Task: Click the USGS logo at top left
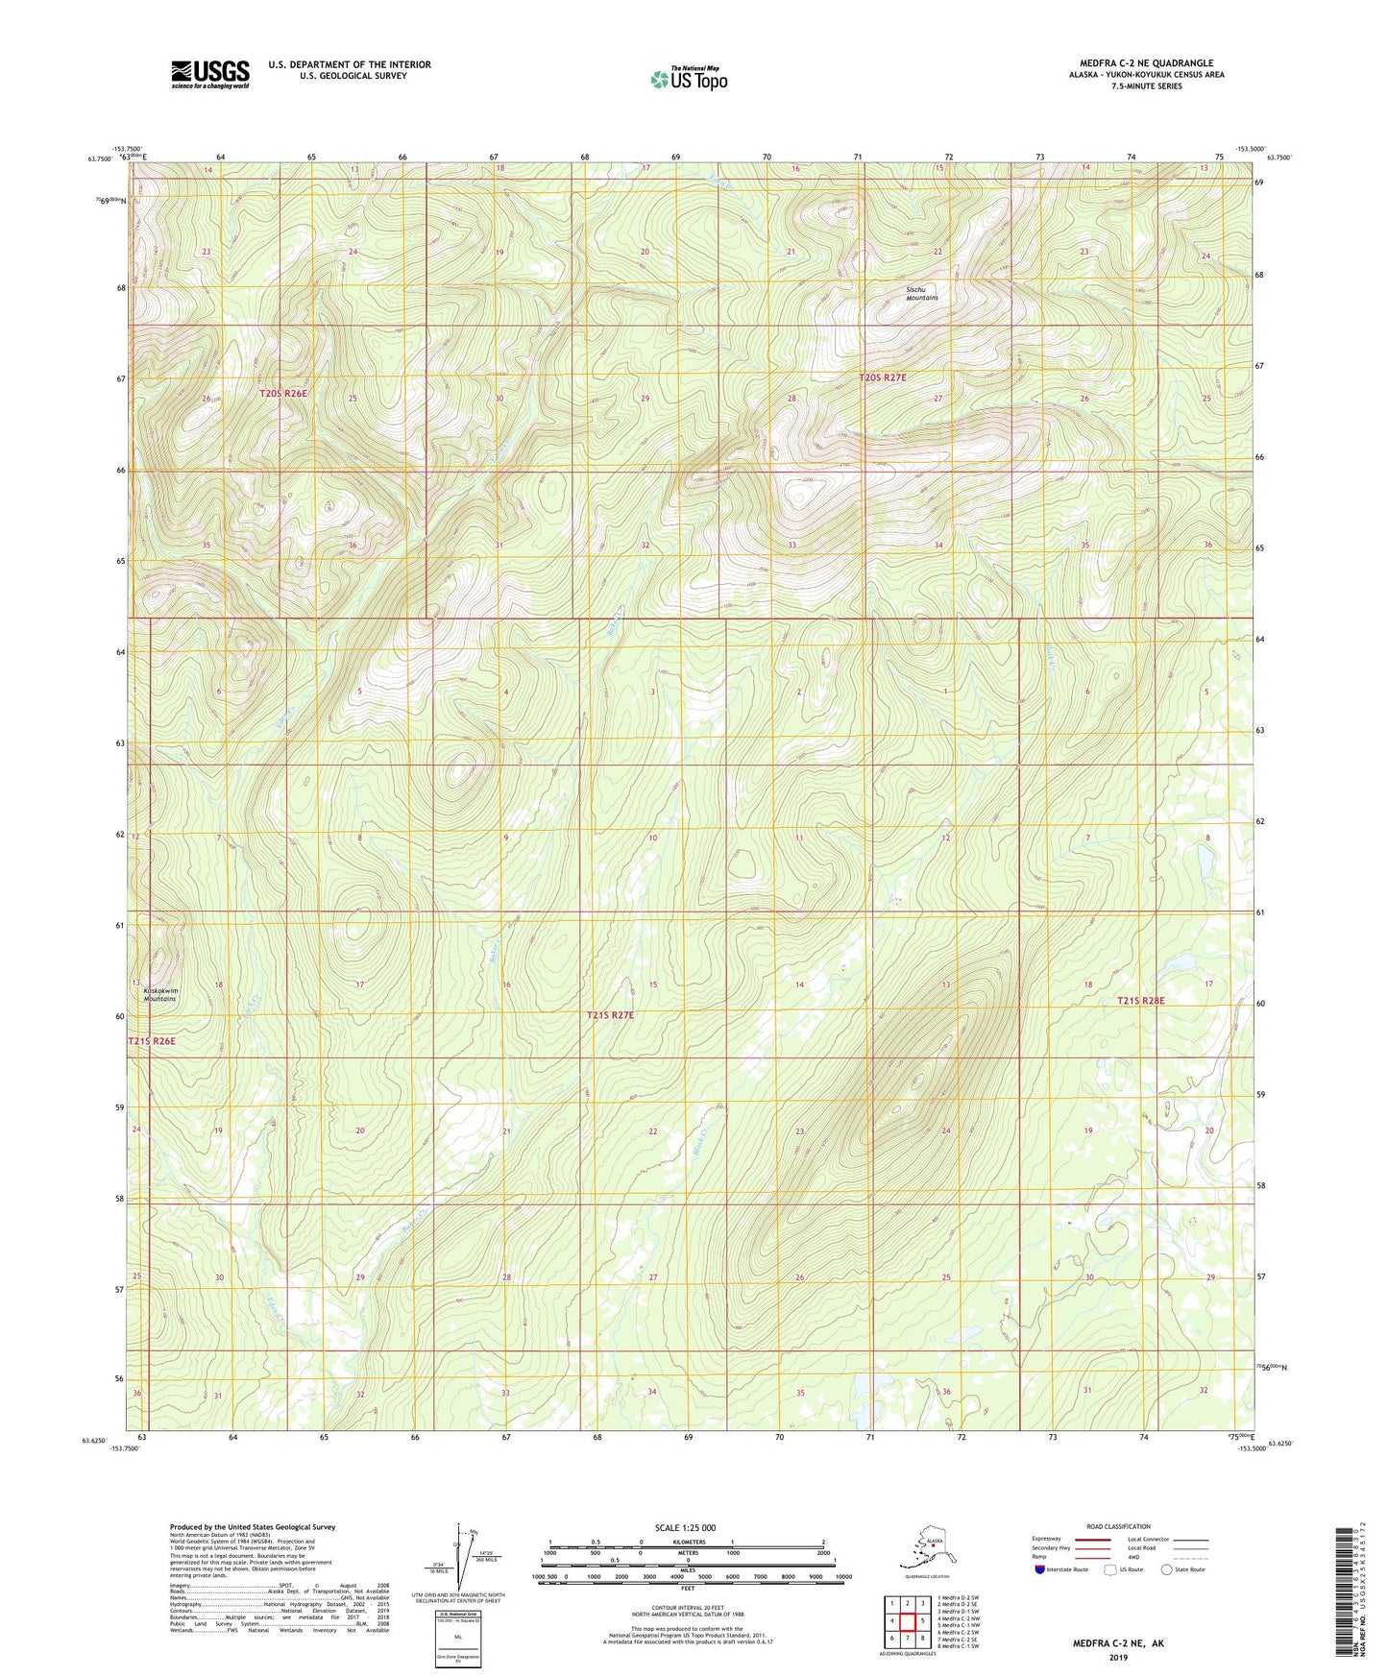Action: (x=209, y=74)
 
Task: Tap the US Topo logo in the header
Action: (x=688, y=78)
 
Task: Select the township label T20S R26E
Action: (x=283, y=394)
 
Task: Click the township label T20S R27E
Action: (x=882, y=378)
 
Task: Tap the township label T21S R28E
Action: (x=1140, y=1001)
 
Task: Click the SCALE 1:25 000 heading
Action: (x=687, y=1528)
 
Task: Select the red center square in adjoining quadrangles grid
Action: (x=908, y=1621)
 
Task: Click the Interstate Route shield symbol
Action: (x=1042, y=1569)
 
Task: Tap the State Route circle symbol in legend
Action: (x=1167, y=1569)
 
